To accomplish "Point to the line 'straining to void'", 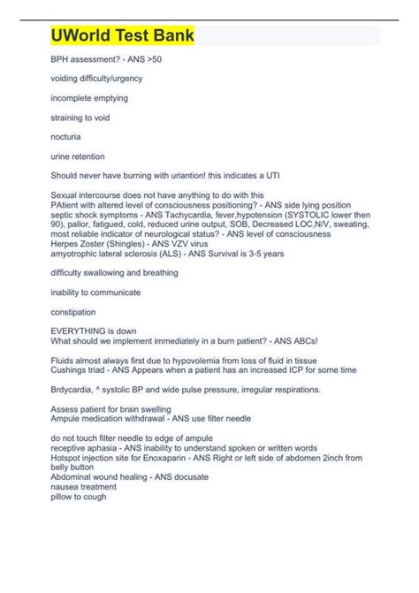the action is click(x=80, y=117).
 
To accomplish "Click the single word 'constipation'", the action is click(x=74, y=310).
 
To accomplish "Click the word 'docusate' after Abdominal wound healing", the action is click(x=190, y=477).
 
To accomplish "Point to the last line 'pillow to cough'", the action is click(x=79, y=497).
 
